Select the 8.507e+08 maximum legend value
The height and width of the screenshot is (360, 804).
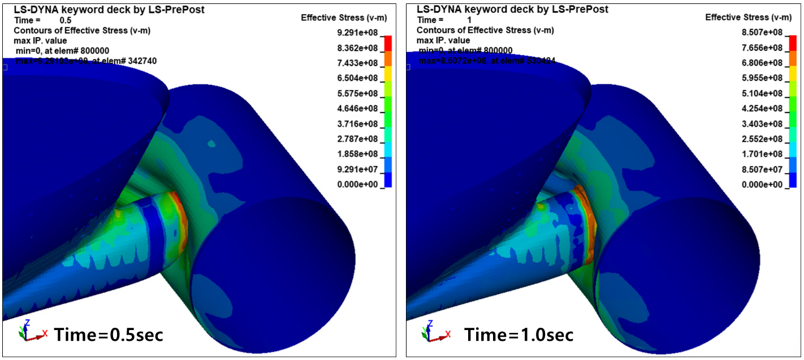(x=762, y=33)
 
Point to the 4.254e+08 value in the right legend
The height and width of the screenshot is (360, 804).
(x=762, y=109)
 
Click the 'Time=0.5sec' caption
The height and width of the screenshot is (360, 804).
(x=109, y=335)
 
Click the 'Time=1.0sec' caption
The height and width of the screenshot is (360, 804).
(x=519, y=335)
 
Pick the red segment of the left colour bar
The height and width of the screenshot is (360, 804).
(x=388, y=43)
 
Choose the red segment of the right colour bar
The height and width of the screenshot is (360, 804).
(x=792, y=43)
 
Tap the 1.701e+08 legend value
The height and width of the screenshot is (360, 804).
(x=762, y=154)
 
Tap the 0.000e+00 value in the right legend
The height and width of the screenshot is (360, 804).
(x=762, y=184)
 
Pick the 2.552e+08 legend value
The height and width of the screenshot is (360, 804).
(x=762, y=139)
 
